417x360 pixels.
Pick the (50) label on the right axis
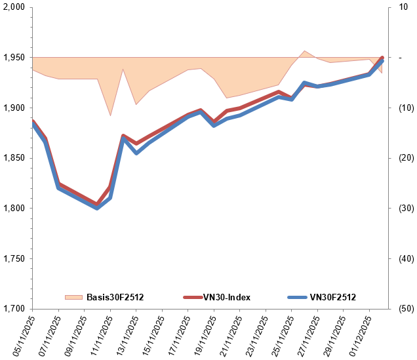tap(399, 309)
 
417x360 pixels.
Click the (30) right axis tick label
tap(399, 209)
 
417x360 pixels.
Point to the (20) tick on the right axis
tap(399, 158)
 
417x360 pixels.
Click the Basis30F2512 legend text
tap(115, 297)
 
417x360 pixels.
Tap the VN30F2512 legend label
tap(333, 297)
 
